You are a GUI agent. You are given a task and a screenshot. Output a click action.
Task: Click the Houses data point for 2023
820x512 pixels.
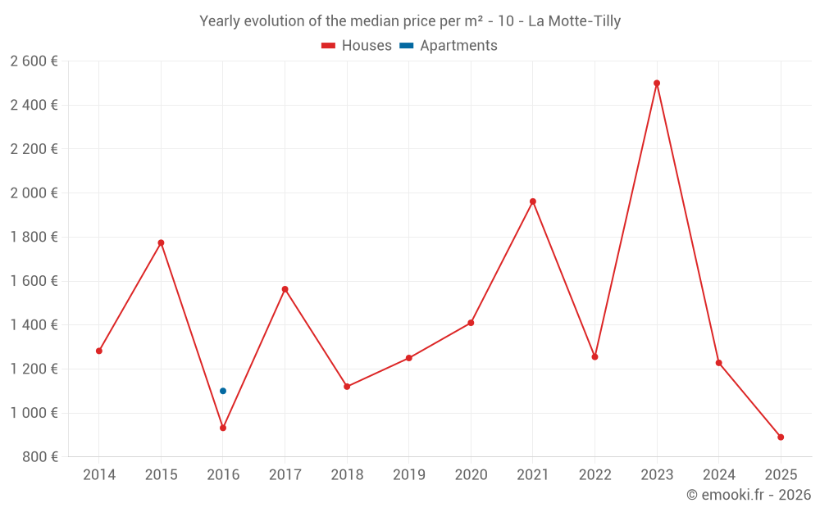[657, 83]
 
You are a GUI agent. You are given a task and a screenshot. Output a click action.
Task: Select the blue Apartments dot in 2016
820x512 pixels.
[223, 391]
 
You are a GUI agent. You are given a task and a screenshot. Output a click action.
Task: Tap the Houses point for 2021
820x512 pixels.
[533, 202]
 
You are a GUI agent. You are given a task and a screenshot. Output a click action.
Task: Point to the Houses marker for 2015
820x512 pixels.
[161, 242]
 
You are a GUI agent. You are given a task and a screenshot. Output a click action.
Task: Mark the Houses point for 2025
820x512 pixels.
[781, 437]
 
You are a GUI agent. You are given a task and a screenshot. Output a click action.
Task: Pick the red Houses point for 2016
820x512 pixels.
[223, 428]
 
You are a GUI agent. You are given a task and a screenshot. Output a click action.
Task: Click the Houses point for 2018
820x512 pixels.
[347, 387]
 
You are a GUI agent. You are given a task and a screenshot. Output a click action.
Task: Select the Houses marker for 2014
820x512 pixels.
[99, 351]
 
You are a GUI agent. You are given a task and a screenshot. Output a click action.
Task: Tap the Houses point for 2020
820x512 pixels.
[471, 323]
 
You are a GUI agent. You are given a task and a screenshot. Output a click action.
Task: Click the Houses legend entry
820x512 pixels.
[357, 46]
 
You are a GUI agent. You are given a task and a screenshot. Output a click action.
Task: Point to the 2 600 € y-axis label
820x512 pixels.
[34, 61]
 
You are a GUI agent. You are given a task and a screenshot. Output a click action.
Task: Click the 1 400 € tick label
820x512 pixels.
[34, 325]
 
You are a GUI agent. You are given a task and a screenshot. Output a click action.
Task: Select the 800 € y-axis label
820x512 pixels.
[39, 457]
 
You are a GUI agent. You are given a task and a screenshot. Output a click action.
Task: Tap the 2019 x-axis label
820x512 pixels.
[409, 475]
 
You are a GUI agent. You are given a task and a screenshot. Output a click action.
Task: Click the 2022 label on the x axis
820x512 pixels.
[594, 475]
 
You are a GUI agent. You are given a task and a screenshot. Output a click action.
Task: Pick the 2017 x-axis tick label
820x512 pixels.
[285, 475]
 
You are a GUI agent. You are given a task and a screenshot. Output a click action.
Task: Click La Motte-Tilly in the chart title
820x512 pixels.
[574, 21]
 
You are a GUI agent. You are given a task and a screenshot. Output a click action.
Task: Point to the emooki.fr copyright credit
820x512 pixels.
[749, 495]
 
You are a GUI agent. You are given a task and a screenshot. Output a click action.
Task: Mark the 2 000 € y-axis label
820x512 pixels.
[34, 193]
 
